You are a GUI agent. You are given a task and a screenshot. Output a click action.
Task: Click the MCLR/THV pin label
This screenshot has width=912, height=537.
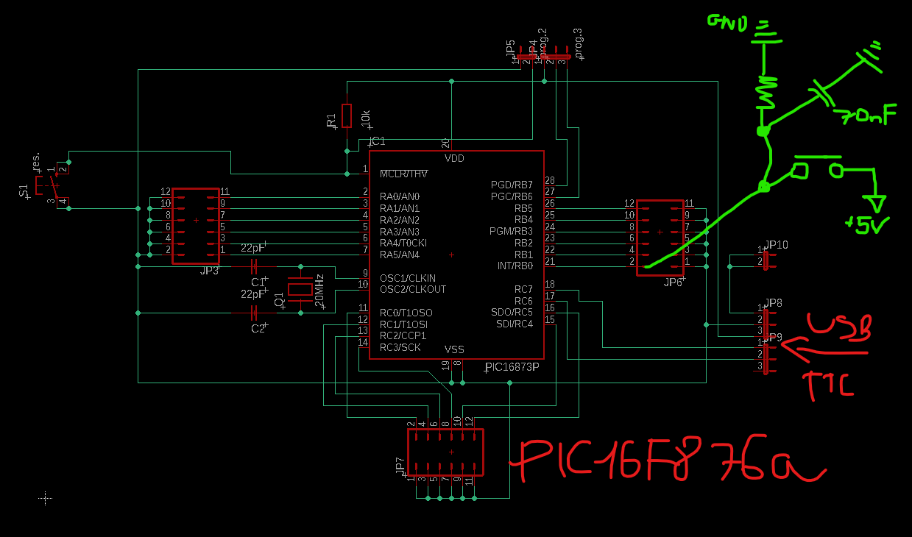point(403,174)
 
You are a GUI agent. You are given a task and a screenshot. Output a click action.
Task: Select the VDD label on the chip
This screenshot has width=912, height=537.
point(454,159)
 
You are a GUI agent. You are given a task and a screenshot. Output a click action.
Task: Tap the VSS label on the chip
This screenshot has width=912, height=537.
point(454,349)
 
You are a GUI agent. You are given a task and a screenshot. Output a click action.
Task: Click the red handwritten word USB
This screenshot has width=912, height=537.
point(839,327)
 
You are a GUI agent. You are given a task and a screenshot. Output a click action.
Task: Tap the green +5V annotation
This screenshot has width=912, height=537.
point(869,224)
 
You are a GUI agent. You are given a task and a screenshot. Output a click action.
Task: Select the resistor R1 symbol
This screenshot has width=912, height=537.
point(347,115)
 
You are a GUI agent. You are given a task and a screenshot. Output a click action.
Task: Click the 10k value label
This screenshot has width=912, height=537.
point(366,118)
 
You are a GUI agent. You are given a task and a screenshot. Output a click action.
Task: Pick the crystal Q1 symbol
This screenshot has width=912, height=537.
point(300,290)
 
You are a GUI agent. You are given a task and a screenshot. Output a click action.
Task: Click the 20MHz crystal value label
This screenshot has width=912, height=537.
point(319,291)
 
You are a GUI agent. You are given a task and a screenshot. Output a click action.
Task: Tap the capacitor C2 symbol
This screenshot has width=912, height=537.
point(255,313)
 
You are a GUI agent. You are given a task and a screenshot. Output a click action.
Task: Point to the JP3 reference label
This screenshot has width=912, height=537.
point(209,271)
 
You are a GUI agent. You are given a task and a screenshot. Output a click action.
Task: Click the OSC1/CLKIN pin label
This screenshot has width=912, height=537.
point(407,278)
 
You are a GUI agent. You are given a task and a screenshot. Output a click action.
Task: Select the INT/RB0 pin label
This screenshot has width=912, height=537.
point(515,266)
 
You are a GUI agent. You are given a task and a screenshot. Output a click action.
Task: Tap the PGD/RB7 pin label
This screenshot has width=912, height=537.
point(512,185)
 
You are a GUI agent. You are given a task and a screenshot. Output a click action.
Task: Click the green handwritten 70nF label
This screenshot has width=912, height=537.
point(865,114)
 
